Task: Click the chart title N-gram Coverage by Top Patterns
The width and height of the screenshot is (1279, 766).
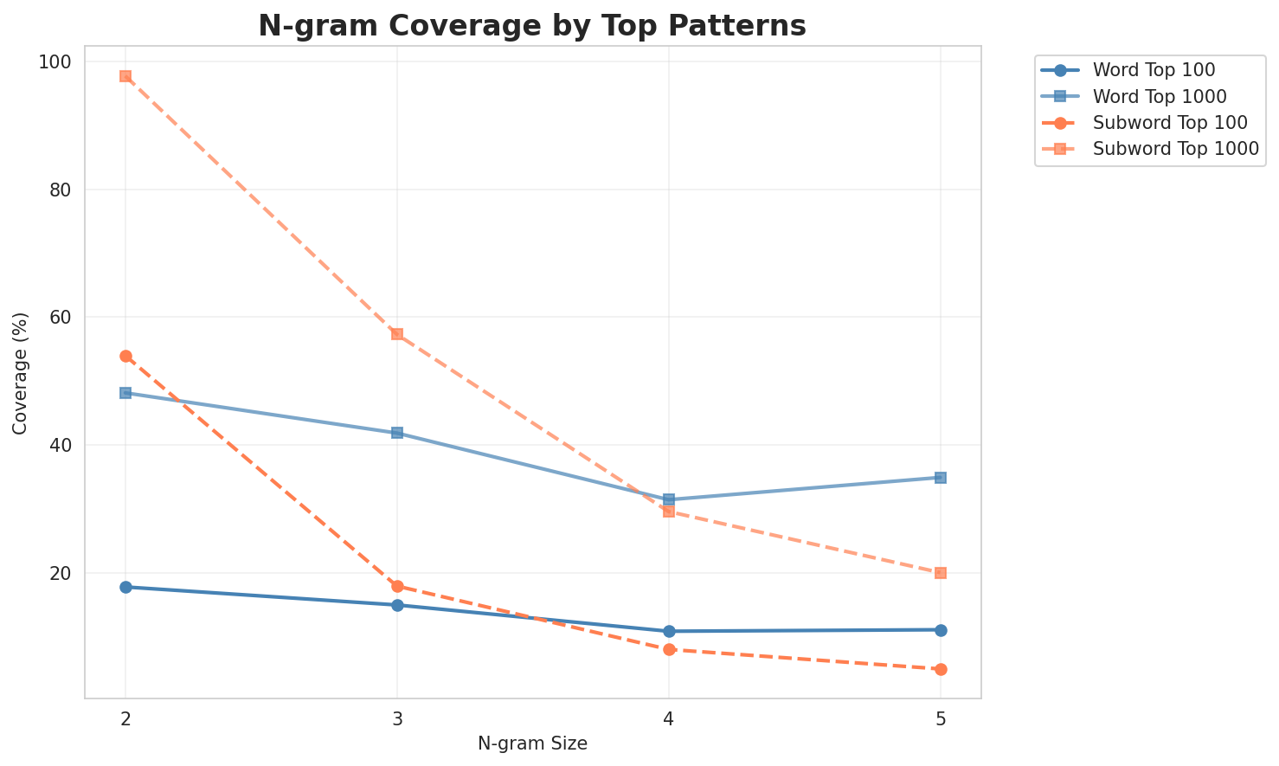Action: point(532,26)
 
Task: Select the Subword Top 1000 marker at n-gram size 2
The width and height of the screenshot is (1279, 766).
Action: point(125,76)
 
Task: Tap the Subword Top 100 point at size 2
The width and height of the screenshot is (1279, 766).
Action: point(125,356)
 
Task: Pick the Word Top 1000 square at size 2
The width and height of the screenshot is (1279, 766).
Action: point(125,393)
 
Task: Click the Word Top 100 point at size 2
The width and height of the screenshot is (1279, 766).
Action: point(125,587)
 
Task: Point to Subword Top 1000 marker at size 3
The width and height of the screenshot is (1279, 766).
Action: point(397,334)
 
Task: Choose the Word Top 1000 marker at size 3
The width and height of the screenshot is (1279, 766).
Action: point(397,433)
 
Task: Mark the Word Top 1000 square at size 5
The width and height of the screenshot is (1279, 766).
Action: point(941,478)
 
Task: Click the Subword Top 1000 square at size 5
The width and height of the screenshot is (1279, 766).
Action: point(941,573)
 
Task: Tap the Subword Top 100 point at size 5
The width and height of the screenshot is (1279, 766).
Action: point(941,669)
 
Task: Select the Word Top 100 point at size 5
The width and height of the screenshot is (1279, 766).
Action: point(941,630)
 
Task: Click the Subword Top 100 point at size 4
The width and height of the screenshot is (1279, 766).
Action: point(669,649)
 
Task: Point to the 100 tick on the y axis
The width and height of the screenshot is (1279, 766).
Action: point(60,62)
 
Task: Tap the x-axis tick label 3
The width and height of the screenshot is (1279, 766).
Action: point(397,719)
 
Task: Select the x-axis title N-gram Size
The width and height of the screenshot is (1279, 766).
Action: point(532,743)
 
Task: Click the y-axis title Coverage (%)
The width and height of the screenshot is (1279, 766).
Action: point(20,372)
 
